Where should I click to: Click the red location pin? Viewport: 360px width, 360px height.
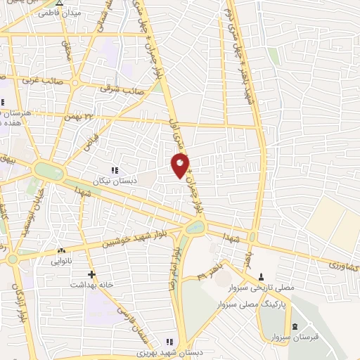click(x=181, y=164)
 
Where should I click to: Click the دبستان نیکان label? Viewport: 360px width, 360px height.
click(x=115, y=181)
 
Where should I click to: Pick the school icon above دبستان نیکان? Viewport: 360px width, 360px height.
click(x=115, y=169)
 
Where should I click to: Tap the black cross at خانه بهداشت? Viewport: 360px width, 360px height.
click(x=91, y=274)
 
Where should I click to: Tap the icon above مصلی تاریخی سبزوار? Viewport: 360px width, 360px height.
click(x=262, y=275)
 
